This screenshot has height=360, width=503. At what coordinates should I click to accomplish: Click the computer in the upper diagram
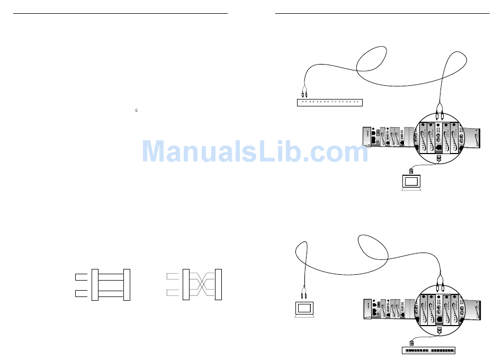click(x=411, y=182)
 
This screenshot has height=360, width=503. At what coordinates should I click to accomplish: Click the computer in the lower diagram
click(x=304, y=309)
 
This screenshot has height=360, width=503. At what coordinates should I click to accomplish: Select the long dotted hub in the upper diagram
click(x=330, y=102)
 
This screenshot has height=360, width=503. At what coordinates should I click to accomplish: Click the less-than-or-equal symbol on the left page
click(x=136, y=110)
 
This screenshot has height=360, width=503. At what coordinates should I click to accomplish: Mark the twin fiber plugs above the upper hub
click(x=304, y=91)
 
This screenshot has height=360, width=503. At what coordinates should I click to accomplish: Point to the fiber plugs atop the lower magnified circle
click(x=439, y=286)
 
